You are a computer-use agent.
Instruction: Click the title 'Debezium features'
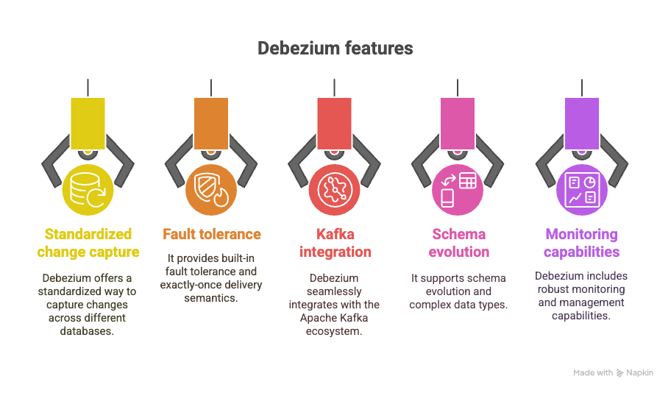coord(335,49)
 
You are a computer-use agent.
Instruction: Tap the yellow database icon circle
coord(88,189)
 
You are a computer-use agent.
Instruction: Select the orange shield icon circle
coord(212,189)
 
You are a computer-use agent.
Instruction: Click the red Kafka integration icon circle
coord(335,189)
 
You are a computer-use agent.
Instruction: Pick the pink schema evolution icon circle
coord(458,189)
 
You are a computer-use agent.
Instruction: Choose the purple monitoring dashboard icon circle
coord(581,189)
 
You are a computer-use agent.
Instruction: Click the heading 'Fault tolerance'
coord(212,234)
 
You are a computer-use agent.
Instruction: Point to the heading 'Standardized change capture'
coord(88,243)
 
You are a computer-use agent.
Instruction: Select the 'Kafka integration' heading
coord(335,243)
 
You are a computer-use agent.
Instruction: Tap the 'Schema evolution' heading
coord(458,243)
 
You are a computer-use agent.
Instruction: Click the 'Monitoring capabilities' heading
coord(581,243)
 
